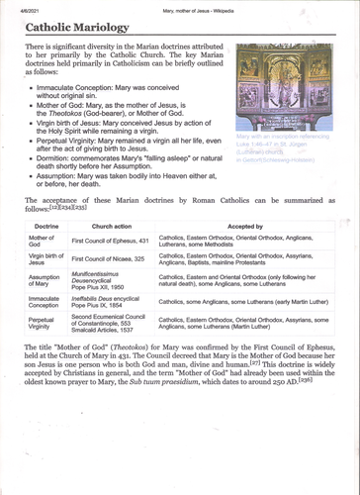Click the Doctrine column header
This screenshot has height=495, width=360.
click(x=43, y=227)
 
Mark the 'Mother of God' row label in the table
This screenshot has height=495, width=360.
click(x=41, y=242)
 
